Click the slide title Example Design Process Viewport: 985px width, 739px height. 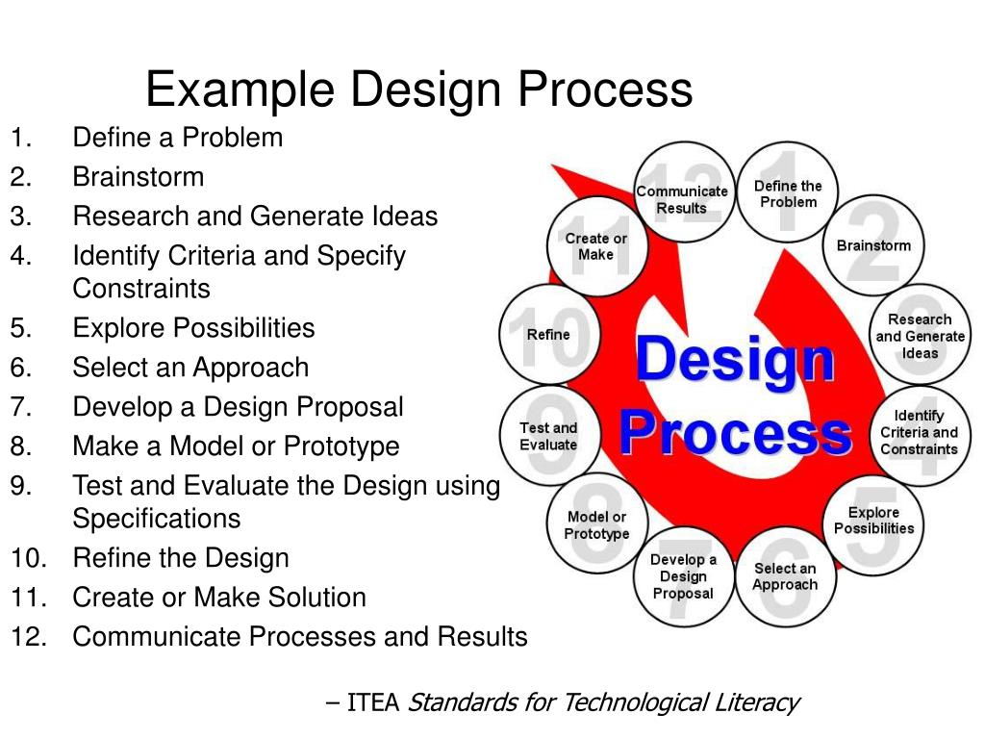pos(418,90)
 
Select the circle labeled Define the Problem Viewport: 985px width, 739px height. pos(788,193)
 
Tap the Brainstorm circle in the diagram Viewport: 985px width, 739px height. pos(873,245)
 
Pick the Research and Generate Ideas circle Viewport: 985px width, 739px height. pos(920,336)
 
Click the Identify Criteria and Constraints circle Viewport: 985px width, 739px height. pos(919,432)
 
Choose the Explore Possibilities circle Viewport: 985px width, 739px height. pos(873,521)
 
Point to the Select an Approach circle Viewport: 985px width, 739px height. pos(785,576)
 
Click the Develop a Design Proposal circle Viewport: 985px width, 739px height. pos(683,576)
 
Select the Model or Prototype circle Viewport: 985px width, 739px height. pos(596,525)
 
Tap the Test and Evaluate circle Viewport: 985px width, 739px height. pos(548,436)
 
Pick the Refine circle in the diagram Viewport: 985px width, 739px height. pos(548,335)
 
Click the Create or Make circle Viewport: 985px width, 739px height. pos(596,246)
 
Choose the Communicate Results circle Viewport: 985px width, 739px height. pos(682,199)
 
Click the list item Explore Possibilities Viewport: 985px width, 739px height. pos(193,328)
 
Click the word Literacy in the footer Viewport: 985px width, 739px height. pos(757,703)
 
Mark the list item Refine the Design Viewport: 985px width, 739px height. pos(181,558)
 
